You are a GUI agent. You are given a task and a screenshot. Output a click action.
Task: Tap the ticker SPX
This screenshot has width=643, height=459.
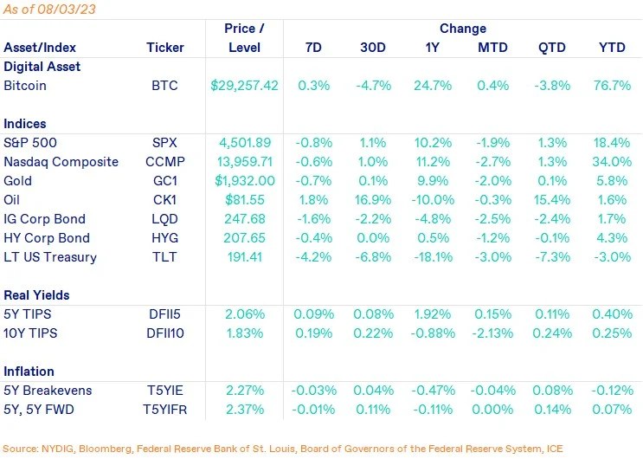point(165,143)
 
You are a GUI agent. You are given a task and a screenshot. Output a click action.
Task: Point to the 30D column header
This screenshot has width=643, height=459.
point(374,48)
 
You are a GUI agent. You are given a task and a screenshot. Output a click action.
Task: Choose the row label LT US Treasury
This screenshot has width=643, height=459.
point(50,257)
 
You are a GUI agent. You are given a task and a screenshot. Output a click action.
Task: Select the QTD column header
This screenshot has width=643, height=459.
point(548,48)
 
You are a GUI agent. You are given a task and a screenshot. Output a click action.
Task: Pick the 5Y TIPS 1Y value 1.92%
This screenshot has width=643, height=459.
point(432,314)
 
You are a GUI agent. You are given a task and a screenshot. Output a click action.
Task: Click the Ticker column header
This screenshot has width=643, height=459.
point(165,48)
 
